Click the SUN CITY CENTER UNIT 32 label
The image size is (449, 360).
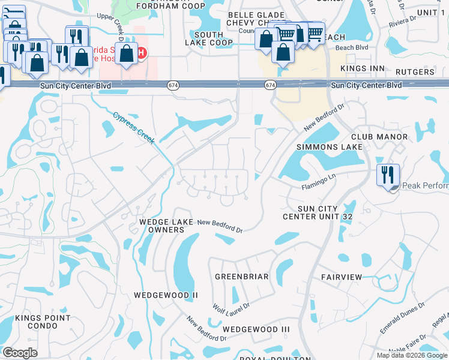(317, 212)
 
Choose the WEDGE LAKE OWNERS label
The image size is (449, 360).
(166, 226)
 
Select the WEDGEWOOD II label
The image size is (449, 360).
(166, 295)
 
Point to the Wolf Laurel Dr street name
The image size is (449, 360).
(231, 308)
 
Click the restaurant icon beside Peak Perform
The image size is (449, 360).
(387, 175)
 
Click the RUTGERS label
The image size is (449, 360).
(415, 72)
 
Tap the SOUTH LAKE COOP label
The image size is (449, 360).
(208, 39)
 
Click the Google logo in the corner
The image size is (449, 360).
(20, 353)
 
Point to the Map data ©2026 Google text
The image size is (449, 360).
(412, 355)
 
